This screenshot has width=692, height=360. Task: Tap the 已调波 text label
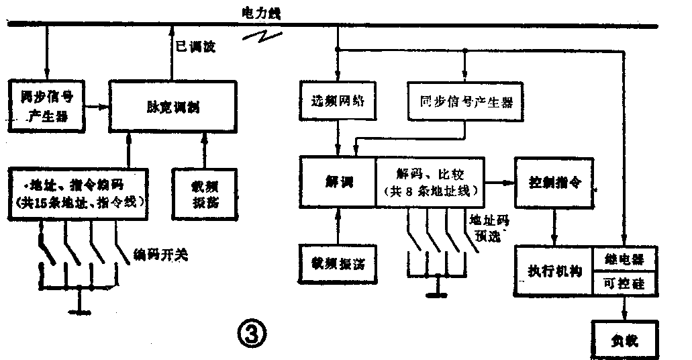[x=195, y=49]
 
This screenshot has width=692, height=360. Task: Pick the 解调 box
[x=336, y=181]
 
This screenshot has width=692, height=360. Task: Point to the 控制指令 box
[x=554, y=181]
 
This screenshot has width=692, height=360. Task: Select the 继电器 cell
[x=624, y=260]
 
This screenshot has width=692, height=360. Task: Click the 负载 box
[x=624, y=340]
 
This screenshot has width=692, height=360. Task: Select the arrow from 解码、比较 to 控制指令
[x=497, y=181]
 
